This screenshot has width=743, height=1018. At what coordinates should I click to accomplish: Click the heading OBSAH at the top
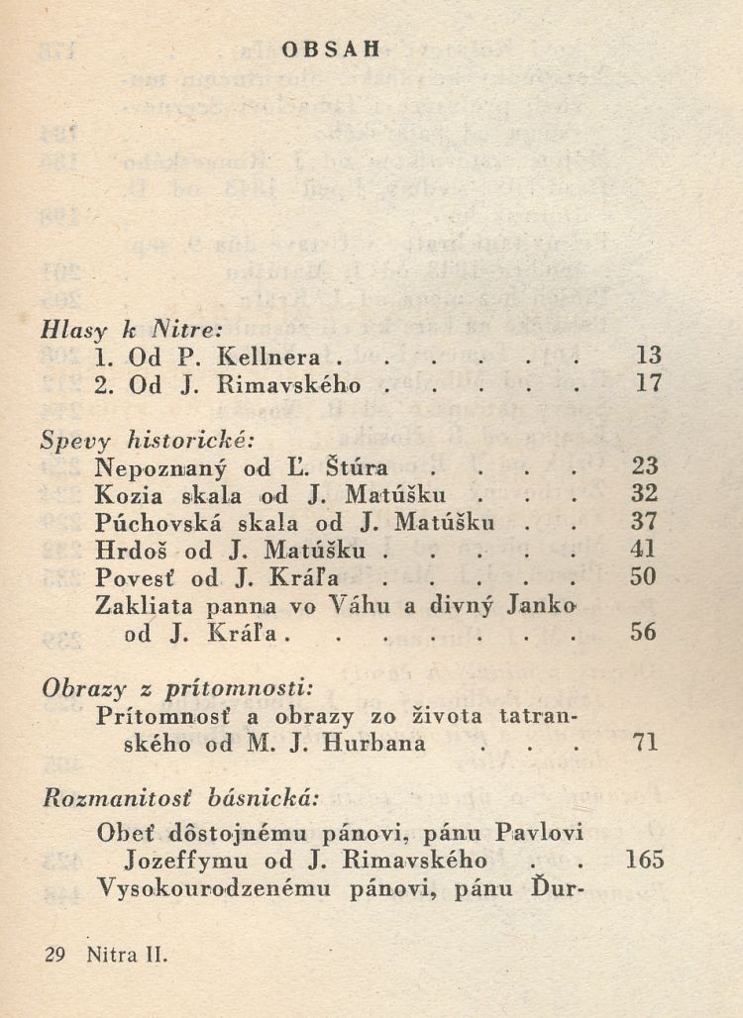[x=332, y=51]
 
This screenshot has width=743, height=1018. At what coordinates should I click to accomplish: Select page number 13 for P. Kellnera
[x=648, y=356]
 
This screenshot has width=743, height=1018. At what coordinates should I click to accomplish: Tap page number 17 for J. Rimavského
[x=648, y=383]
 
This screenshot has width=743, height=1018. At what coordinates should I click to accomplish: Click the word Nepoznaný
[x=145, y=467]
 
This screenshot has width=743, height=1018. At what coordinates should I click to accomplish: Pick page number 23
[x=644, y=466]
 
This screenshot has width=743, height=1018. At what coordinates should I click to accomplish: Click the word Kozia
[x=123, y=493]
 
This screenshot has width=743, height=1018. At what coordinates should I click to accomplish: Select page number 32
[x=644, y=493]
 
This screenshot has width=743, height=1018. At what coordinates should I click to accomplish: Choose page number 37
[x=644, y=521]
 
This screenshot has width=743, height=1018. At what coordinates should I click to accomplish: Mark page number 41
[x=644, y=549]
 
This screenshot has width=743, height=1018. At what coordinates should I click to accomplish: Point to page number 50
[x=644, y=576]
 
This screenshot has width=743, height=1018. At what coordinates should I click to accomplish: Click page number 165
[x=644, y=860]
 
